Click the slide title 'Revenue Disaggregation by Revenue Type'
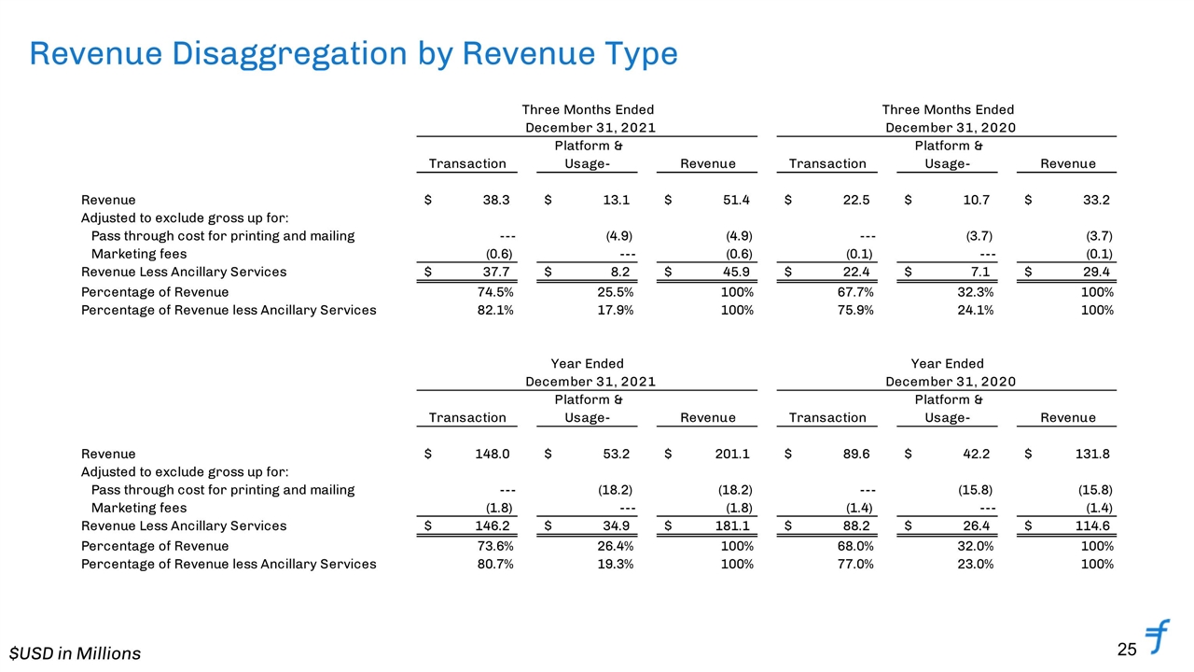[354, 54]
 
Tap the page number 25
[1127, 649]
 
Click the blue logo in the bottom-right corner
[1157, 637]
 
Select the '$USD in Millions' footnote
[76, 653]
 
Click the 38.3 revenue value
[495, 200]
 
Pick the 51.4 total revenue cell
[736, 200]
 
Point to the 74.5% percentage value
[495, 292]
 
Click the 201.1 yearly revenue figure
[732, 454]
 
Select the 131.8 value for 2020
[1092, 454]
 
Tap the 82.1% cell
[495, 311]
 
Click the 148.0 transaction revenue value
[492, 454]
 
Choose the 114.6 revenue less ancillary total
[1092, 525]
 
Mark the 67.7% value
[855, 292]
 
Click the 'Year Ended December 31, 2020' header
[949, 372]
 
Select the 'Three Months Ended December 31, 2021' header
[589, 119]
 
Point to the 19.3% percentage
[615, 565]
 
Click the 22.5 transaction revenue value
[856, 200]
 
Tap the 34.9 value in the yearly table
[617, 525]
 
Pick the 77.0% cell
[855, 565]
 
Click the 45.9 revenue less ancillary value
[736, 272]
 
